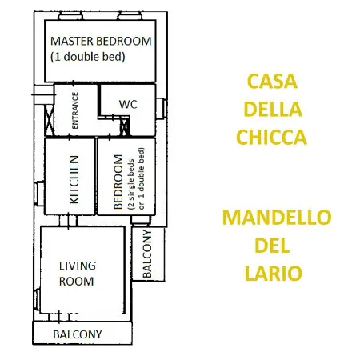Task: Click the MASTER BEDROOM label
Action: [101, 41]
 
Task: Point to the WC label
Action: [128, 104]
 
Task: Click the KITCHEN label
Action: [74, 180]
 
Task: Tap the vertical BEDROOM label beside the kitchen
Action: [118, 182]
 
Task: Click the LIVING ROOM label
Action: [78, 273]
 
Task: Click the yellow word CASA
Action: [271, 82]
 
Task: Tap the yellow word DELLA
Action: [271, 110]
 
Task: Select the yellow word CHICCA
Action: [271, 138]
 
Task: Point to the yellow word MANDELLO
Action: [276, 218]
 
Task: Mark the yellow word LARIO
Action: [274, 273]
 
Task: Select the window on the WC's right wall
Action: [162, 106]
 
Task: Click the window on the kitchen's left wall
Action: [38, 192]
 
